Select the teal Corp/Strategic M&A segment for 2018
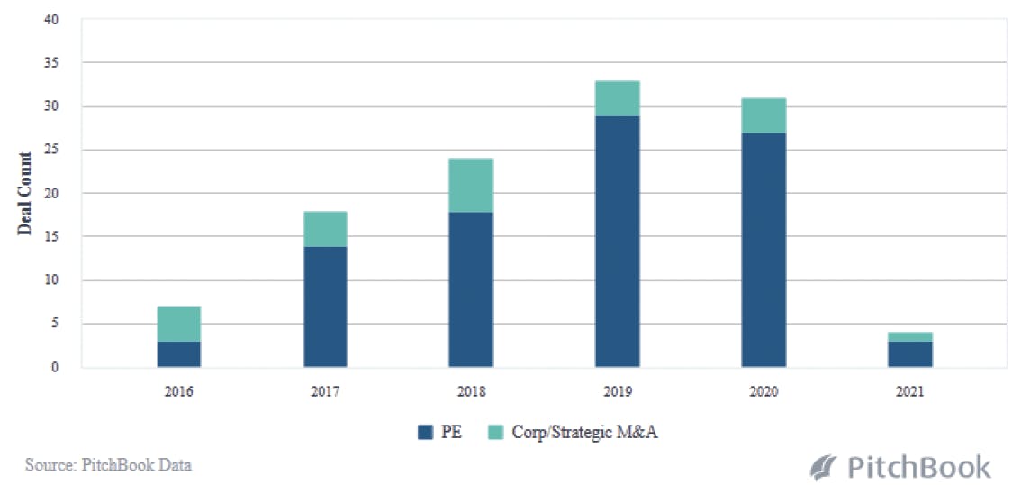(471, 185)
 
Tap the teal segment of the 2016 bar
(179, 324)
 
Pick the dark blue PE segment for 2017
(325, 307)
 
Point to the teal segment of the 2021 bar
(910, 336)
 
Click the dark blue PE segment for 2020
(764, 250)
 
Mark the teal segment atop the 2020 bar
(764, 115)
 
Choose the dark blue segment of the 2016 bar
(179, 353)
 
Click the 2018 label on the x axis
(471, 392)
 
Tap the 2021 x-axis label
(910, 392)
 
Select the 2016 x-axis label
(179, 392)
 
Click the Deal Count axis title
(24, 194)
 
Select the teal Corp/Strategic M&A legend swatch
(495, 432)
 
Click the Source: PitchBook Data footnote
(108, 465)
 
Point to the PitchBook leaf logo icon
(823, 467)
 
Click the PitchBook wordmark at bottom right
(918, 467)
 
